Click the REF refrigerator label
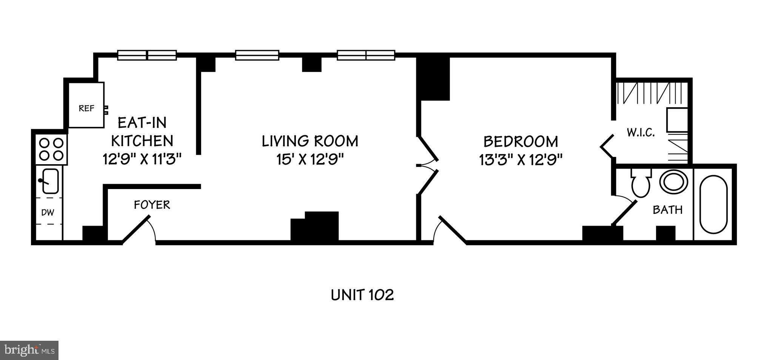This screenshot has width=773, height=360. (x=86, y=109)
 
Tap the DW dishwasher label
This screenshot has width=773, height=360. (x=48, y=212)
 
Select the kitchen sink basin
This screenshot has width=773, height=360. (x=50, y=181)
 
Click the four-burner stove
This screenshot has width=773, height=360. (x=52, y=149)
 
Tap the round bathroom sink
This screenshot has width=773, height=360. (x=674, y=182)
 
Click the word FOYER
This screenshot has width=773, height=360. (x=152, y=205)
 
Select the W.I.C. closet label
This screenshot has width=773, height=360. (x=641, y=133)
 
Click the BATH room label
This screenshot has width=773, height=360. (x=668, y=210)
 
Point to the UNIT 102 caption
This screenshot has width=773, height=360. (x=362, y=295)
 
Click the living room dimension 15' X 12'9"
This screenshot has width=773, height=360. (x=310, y=160)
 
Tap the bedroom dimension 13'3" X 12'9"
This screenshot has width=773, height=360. (x=521, y=160)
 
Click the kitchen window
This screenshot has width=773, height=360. (x=147, y=55)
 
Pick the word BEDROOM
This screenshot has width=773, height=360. (x=520, y=142)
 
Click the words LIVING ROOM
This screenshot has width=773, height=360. (x=310, y=141)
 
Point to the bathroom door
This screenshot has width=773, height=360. (x=624, y=213)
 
